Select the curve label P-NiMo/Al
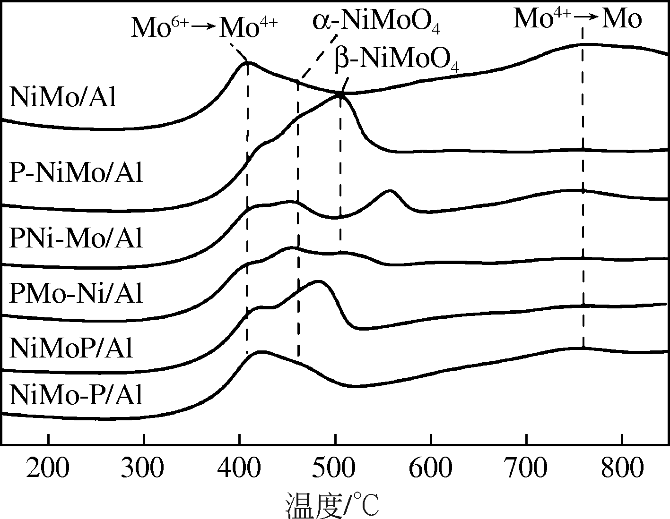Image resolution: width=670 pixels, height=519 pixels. [76, 173]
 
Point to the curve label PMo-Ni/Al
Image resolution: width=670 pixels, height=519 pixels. [76, 294]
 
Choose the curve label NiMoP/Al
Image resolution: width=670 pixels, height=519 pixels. [71, 349]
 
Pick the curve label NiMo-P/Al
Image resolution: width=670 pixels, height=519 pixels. [76, 395]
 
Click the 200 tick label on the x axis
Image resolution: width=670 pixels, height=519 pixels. [48, 469]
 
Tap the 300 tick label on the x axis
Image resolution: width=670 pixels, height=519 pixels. [144, 469]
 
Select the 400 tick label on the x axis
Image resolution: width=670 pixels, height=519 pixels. [240, 469]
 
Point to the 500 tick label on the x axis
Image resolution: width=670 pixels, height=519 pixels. [335, 469]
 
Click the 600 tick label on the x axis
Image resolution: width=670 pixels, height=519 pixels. [431, 469]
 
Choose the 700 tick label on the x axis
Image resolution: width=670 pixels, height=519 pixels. [526, 469]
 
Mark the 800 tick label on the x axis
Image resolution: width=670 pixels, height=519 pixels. [622, 469]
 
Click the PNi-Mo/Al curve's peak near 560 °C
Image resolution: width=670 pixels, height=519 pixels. [390, 191]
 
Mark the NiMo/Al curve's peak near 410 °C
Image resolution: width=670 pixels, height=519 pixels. [247, 62]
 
